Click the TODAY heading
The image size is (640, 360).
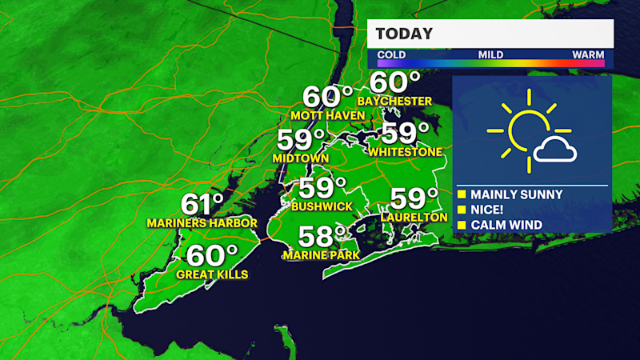coord(404,34)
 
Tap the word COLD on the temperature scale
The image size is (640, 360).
coord(391,54)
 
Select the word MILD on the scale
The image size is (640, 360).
coord(490,54)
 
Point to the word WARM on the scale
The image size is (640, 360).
coord(588,54)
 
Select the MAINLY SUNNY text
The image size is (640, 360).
coord(516,194)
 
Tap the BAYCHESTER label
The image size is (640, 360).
coord(394,102)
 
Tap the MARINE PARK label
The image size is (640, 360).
coord(320,255)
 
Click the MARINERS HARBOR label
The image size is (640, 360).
coord(202,222)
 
